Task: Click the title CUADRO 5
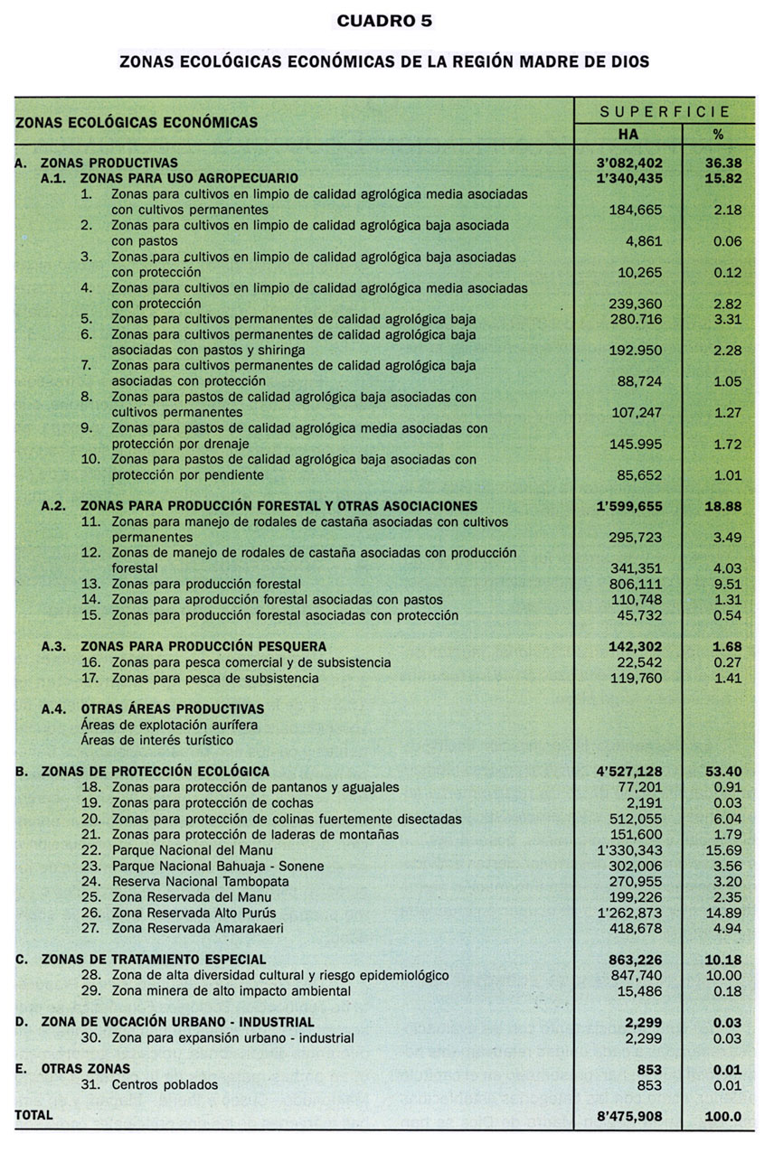[384, 21]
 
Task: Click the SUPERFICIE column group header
[665, 112]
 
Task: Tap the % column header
[718, 134]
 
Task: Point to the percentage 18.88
[722, 506]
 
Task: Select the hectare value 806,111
[634, 585]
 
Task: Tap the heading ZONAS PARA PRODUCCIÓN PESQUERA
[203, 647]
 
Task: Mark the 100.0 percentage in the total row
[722, 1116]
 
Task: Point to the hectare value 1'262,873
[628, 913]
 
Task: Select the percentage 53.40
[722, 772]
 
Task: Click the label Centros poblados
[165, 1085]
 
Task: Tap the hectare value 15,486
[638, 991]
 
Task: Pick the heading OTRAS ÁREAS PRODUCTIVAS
[172, 709]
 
